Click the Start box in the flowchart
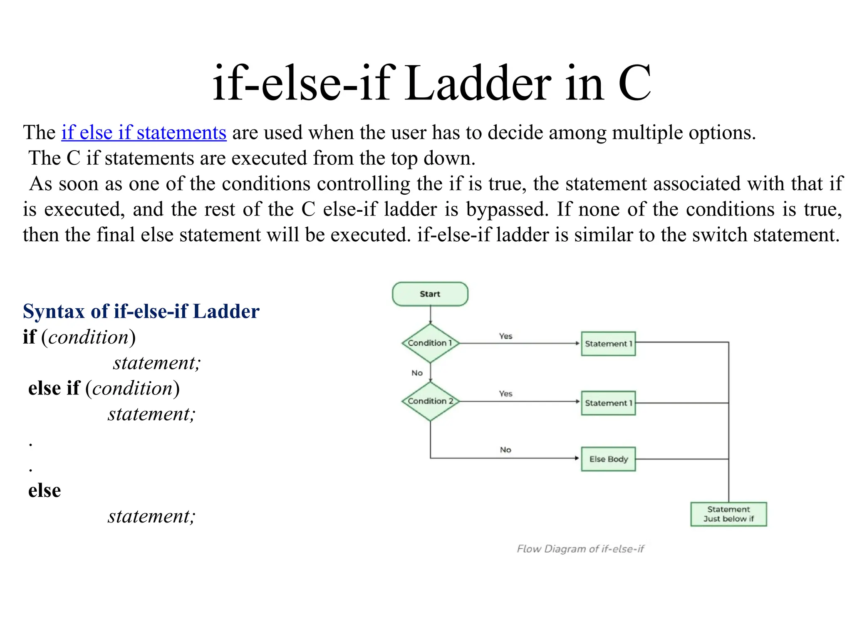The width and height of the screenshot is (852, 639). pos(430,294)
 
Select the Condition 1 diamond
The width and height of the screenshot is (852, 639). pos(430,343)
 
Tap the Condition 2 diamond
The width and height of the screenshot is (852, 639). pos(430,401)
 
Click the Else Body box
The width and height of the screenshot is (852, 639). pos(608,459)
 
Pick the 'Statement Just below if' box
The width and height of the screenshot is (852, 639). pos(728,514)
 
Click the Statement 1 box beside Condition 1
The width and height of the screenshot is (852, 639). pos(608,344)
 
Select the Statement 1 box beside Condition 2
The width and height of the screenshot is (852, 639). pos(608,403)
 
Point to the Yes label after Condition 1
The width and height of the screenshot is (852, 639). pos(505,336)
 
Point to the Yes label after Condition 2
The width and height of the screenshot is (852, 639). pos(505,394)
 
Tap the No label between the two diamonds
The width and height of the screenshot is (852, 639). pos(417,373)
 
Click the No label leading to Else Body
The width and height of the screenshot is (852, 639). pos(505,450)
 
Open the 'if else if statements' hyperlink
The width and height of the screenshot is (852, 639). pos(144,133)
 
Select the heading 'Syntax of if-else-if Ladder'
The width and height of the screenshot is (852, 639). pos(141,311)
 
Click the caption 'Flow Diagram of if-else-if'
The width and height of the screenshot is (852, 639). pos(580,549)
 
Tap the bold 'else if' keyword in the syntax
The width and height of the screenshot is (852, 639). pos(54,388)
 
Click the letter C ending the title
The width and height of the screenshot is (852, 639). pos(634,83)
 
